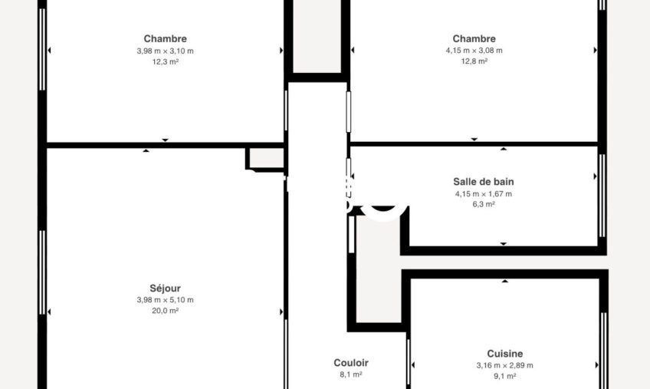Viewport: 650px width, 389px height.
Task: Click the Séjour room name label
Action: click(165, 288)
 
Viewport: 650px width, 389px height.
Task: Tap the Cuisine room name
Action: click(504, 354)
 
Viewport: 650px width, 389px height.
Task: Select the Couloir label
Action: click(351, 363)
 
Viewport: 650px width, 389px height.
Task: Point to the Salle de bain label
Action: click(484, 182)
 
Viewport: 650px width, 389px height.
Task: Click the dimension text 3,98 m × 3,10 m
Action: click(165, 51)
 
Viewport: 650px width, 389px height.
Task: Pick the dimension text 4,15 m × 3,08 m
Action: click(474, 51)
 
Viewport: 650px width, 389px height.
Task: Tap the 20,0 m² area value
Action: click(165, 311)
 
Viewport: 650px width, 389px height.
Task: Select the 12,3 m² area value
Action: click(165, 62)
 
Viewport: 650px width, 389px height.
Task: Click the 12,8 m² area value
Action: click(474, 61)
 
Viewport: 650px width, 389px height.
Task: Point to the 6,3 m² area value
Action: click(484, 204)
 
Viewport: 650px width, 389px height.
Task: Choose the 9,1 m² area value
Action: click(504, 376)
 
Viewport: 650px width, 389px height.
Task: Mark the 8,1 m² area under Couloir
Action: click(351, 374)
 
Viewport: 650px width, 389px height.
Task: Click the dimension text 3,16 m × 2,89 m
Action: click(504, 365)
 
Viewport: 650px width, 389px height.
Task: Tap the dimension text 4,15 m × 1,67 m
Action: click(484, 194)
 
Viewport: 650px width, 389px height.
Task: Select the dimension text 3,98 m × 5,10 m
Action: click(165, 300)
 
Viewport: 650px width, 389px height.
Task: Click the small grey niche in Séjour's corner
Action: click(267, 158)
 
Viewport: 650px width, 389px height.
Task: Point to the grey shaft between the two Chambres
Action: click(317, 36)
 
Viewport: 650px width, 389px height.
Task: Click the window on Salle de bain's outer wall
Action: click(602, 196)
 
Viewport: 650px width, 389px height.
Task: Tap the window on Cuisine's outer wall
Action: click(603, 351)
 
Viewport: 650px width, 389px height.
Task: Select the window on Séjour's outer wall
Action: click(42, 272)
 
